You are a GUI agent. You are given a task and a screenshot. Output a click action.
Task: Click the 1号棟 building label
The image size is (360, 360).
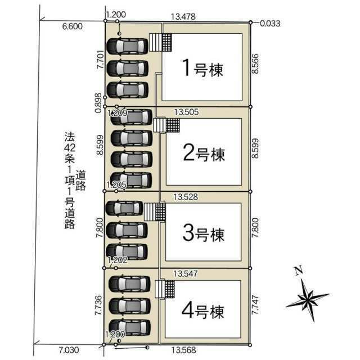tap(202, 68)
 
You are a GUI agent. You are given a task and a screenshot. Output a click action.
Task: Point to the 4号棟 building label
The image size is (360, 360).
tap(203, 311)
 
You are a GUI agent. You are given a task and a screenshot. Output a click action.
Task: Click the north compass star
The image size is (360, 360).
tap(308, 299)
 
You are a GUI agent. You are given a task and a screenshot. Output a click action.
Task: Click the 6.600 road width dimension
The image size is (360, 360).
tap(73, 26)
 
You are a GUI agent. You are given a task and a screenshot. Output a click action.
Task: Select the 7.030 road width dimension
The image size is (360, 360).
tap(69, 350)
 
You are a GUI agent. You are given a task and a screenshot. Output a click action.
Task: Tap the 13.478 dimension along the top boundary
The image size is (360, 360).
tap(183, 16)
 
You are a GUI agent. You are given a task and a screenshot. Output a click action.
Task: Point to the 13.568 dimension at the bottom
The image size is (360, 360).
tap(184, 350)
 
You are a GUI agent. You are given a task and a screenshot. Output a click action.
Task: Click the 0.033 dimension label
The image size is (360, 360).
tap(270, 24)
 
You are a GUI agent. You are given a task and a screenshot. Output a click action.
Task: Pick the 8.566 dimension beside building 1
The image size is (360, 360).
tap(255, 64)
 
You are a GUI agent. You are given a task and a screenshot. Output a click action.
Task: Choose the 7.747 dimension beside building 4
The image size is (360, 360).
tap(255, 305)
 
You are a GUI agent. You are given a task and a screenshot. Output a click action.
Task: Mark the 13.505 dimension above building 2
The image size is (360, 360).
tap(186, 112)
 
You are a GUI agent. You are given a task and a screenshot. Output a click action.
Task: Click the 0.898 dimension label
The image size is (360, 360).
tap(98, 102)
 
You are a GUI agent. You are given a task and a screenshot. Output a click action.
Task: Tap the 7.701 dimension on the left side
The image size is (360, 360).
tap(100, 59)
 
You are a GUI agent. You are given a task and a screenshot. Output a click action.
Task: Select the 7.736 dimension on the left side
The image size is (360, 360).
tap(98, 305)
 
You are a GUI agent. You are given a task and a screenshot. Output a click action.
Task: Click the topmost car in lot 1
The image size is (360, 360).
tap(128, 46)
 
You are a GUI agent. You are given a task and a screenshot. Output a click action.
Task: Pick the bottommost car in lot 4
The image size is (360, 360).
tap(130, 327)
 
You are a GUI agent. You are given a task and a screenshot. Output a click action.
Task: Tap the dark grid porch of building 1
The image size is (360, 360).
tap(167, 43)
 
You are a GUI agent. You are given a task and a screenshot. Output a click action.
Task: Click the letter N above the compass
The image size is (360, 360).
tap(299, 271)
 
